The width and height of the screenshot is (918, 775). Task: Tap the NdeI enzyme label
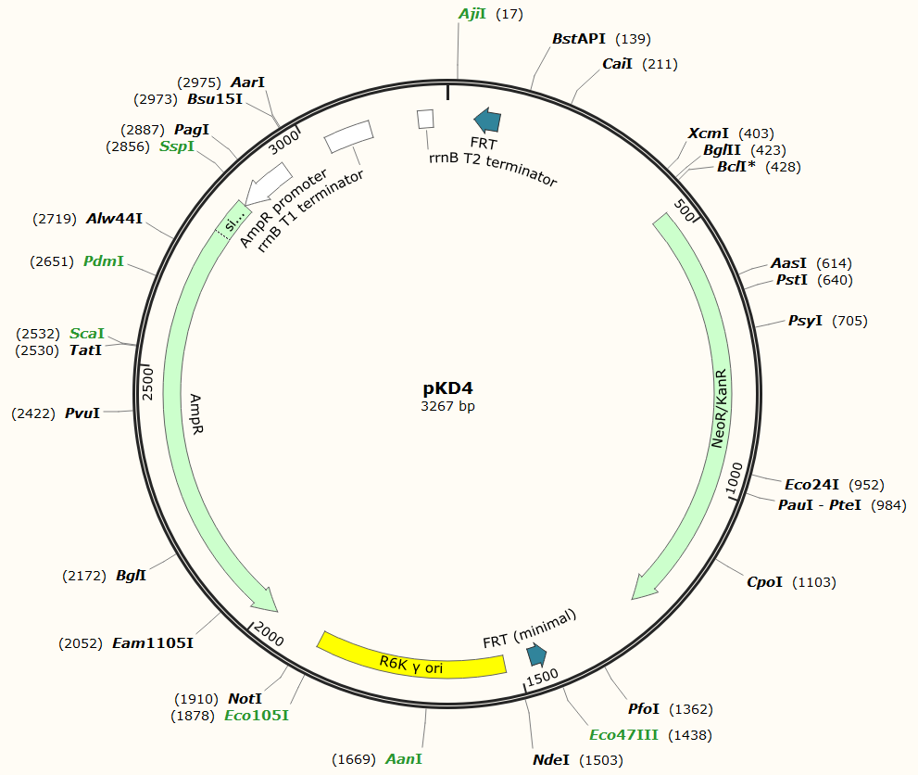tap(551, 760)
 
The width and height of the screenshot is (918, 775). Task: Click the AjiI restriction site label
tap(472, 14)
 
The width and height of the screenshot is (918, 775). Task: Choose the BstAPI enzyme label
tap(578, 39)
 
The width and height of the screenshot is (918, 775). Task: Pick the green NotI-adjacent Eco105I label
tap(257, 716)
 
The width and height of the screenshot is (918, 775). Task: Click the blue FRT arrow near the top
tap(487, 119)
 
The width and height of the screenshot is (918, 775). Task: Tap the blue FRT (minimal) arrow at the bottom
tap(536, 655)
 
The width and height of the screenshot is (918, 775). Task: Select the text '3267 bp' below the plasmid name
tap(448, 406)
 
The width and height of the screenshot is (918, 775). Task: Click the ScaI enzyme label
tap(87, 333)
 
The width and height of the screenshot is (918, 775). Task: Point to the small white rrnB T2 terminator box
tap(426, 119)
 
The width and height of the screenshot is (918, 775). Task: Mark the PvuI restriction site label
tap(82, 413)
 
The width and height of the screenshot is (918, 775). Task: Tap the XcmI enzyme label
tap(709, 133)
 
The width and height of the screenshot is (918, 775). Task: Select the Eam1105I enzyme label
tap(153, 642)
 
